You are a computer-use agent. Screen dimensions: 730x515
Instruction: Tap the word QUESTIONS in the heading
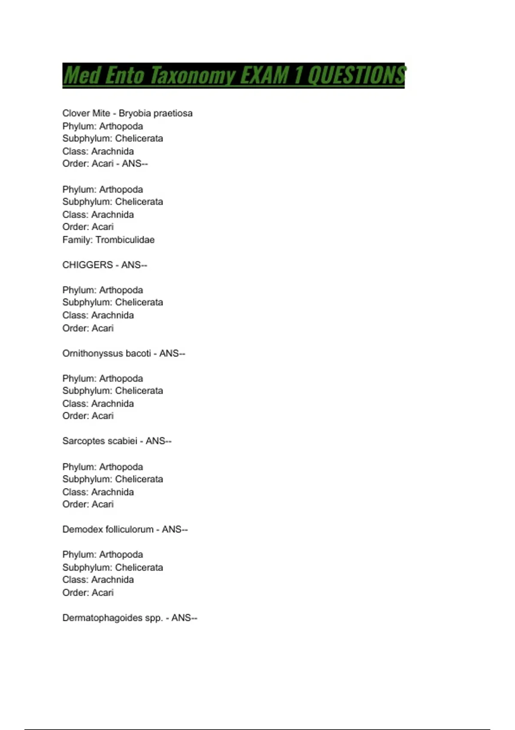tap(357, 75)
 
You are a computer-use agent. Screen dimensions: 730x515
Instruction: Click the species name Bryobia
tap(135, 113)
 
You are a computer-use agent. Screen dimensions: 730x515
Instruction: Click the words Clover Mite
tap(86, 113)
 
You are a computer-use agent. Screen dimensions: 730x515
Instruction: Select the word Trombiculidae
tap(125, 240)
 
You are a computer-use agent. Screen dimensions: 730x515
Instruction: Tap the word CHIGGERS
tap(88, 265)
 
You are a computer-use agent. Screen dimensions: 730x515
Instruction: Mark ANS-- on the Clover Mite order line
tap(135, 164)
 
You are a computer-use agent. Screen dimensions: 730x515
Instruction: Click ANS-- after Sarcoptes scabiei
tap(158, 441)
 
